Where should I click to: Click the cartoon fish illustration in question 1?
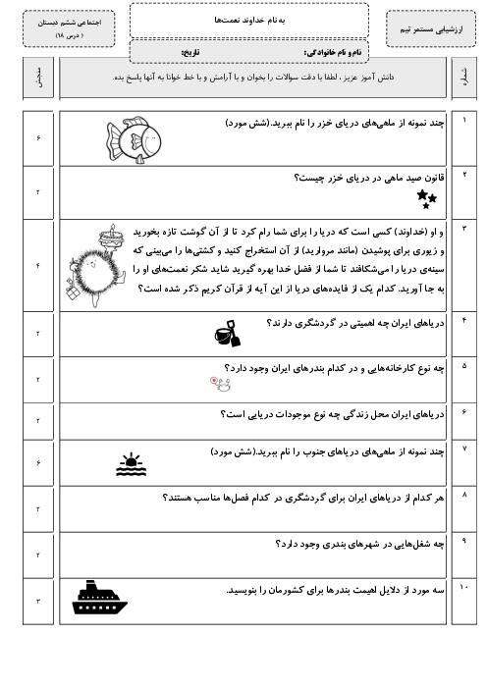click(134, 140)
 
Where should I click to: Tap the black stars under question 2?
click(426, 199)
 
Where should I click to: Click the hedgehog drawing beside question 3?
click(96, 266)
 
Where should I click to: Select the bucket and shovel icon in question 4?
click(228, 334)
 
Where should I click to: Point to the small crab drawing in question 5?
click(220, 384)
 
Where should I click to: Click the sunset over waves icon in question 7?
click(131, 464)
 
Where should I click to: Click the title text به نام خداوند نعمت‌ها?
click(249, 21)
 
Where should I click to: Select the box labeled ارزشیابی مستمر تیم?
click(431, 29)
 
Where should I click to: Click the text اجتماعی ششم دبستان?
click(70, 23)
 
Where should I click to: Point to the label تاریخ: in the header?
click(190, 52)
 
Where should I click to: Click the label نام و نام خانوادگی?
click(333, 52)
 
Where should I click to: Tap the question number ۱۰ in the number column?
click(463, 587)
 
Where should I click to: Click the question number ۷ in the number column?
click(464, 449)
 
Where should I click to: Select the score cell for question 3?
click(38, 266)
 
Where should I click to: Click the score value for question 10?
click(38, 601)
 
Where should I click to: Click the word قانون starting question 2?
click(431, 178)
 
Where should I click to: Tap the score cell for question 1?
click(38, 138)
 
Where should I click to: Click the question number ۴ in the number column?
click(464, 320)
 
